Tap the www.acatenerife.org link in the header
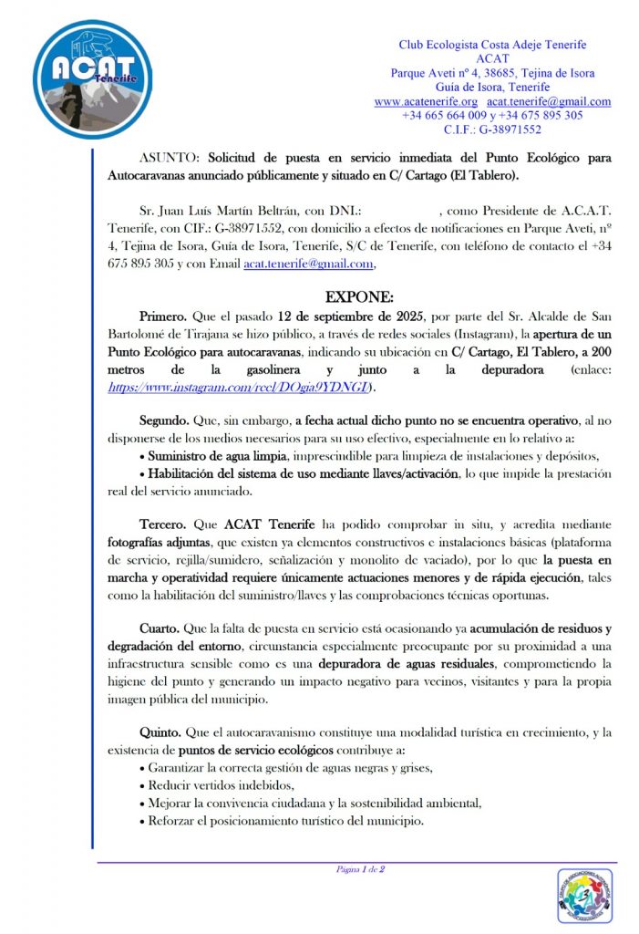426,101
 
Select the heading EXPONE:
360,298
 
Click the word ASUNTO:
168,157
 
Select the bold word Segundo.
164,420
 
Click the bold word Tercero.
163,526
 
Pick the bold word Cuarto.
160,628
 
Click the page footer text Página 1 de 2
360,869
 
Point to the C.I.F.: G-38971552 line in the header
492,130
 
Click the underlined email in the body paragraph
308,265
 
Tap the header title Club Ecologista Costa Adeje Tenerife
492,45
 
